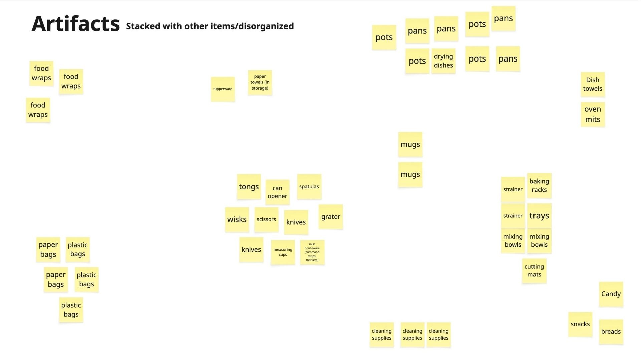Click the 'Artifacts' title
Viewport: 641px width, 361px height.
pos(75,24)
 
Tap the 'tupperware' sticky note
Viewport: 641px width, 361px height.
pos(223,89)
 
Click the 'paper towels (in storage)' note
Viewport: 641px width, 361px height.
pos(260,82)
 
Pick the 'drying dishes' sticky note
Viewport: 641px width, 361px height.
pos(443,61)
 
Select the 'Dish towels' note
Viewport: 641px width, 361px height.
pos(593,84)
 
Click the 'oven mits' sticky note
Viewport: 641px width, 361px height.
pos(593,114)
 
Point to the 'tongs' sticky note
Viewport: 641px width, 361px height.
pos(249,187)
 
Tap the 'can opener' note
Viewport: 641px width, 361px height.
pos(277,192)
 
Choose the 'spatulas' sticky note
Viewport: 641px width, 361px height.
pos(309,187)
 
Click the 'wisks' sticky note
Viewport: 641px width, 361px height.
pos(237,219)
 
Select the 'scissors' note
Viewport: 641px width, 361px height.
pos(266,219)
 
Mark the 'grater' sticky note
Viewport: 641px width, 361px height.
pos(331,217)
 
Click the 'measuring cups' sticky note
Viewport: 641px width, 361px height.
pos(283,252)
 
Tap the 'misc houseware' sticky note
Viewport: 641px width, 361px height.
pos(312,252)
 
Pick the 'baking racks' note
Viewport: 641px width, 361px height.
pos(539,185)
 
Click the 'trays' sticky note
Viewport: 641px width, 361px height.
pos(539,216)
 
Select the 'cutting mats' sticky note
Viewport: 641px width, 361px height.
pos(534,271)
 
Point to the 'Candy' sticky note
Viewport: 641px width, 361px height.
pos(611,294)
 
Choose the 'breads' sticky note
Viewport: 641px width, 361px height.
pos(611,332)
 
